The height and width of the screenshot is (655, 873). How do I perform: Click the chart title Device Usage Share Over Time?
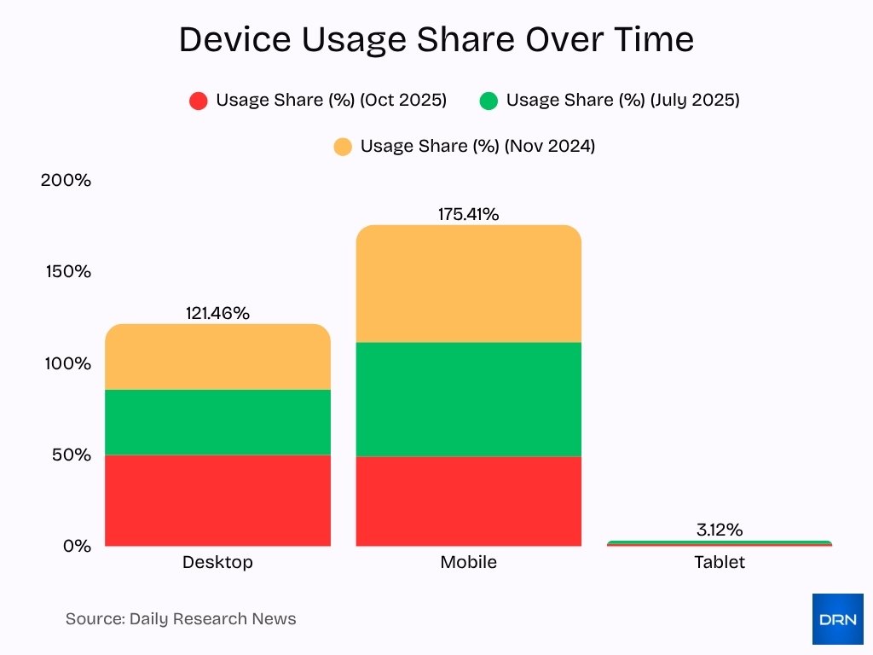coord(436,40)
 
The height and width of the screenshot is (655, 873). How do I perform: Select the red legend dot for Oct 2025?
coord(199,101)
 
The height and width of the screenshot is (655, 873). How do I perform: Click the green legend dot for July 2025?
coord(489,101)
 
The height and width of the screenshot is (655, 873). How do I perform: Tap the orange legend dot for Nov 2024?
coord(343,148)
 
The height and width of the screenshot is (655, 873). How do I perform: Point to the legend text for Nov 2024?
coord(477,146)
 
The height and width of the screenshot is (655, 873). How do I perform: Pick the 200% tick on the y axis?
coord(66,181)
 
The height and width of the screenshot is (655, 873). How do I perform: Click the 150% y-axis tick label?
coord(66,272)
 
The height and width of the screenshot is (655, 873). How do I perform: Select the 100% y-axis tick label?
coord(66,363)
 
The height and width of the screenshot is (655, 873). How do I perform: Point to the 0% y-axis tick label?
coord(76,546)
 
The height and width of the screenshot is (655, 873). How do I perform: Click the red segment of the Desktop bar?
coord(217,501)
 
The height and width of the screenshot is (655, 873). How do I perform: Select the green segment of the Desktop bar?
coord(217,422)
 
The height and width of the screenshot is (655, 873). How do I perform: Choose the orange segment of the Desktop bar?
coord(217,357)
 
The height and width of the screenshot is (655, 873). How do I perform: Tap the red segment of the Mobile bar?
coord(468,501)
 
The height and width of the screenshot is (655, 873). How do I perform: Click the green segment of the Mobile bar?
coord(468,399)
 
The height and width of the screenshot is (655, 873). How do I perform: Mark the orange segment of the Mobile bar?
coord(468,284)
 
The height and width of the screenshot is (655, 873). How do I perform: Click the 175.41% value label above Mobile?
coord(468,214)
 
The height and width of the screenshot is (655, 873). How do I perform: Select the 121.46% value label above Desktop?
coord(217,313)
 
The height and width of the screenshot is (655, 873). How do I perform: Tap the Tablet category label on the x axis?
coord(719,562)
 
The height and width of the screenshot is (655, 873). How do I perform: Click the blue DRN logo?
coord(837,619)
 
